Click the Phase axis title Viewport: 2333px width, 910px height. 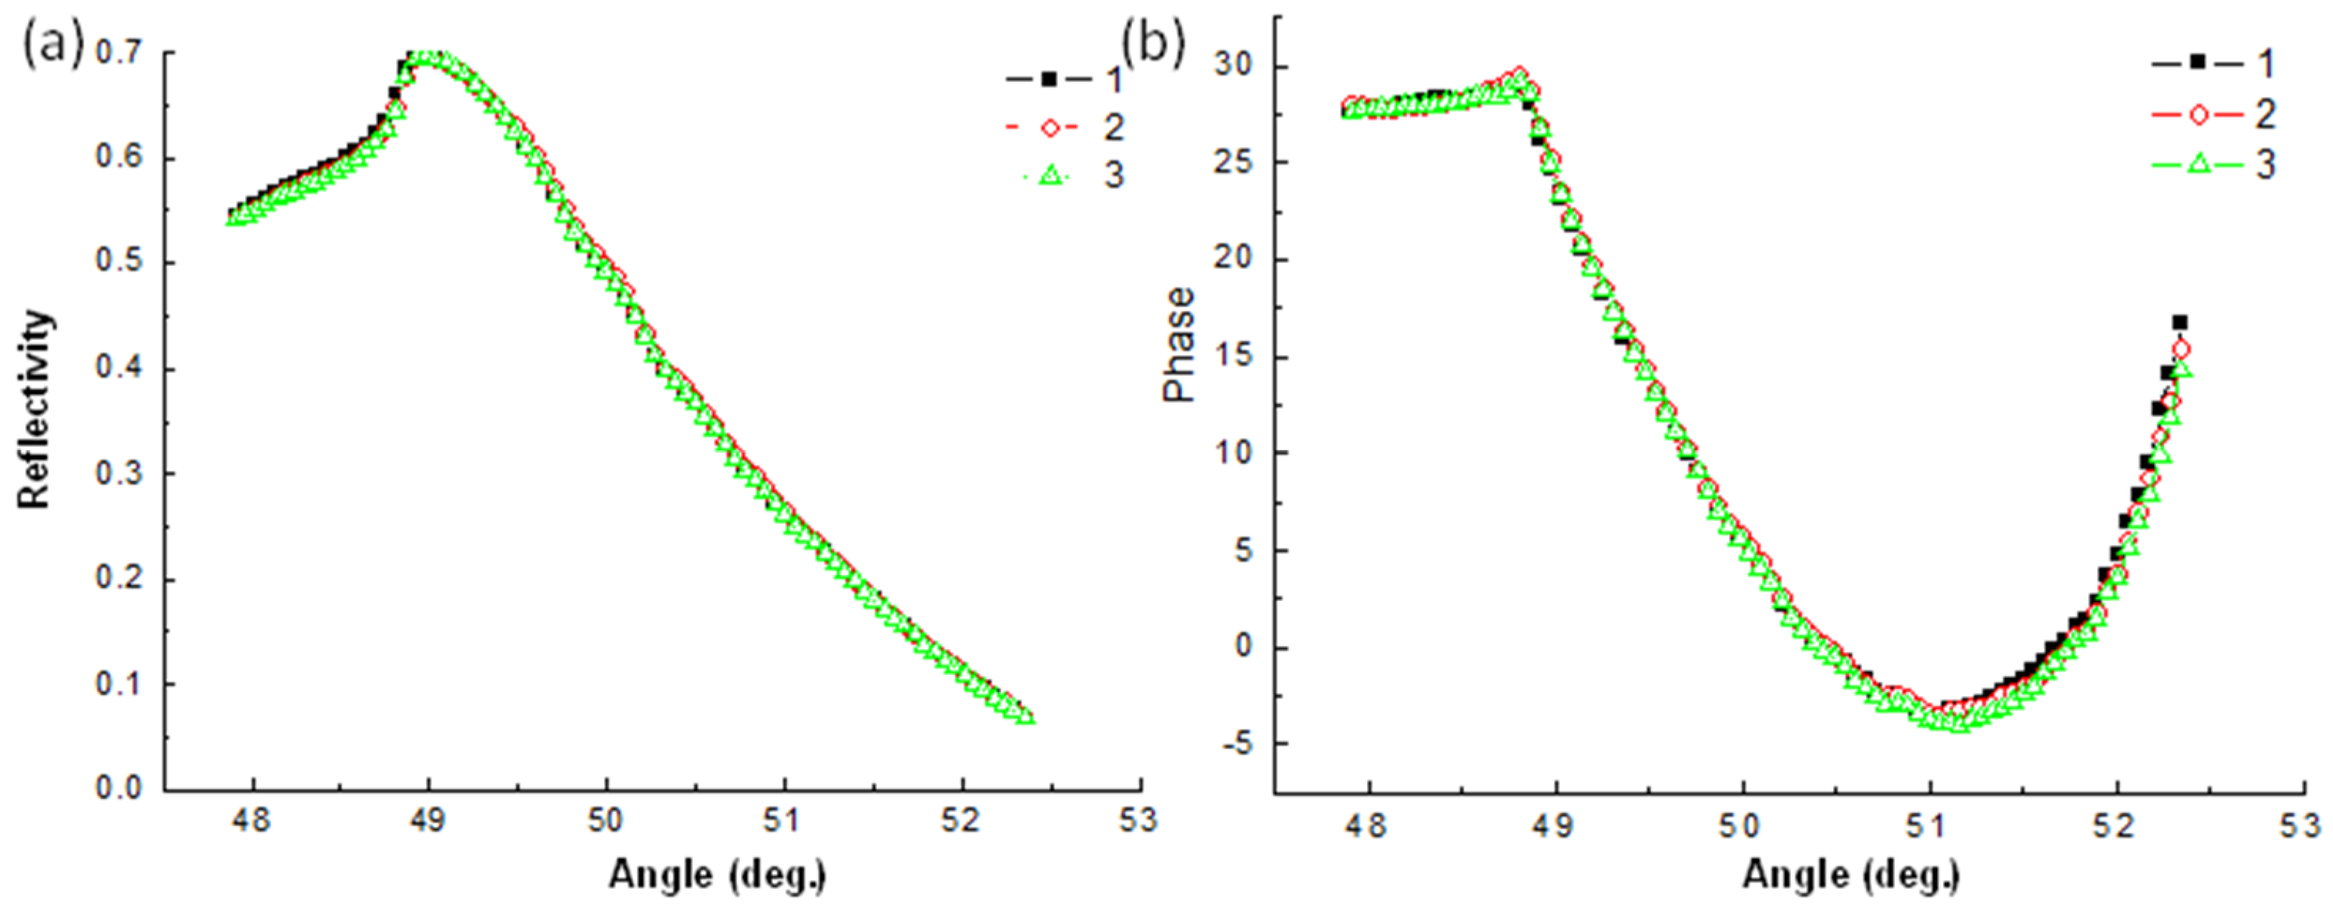click(1179, 345)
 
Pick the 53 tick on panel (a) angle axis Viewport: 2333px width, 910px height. click(1138, 821)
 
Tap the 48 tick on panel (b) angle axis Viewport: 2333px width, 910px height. click(1368, 826)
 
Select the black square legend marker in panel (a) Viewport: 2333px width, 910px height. click(1048, 79)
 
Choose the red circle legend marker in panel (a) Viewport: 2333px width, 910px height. click(1048, 127)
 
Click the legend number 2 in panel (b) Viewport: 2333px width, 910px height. click(2264, 114)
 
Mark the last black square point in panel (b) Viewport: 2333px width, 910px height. click(2180, 322)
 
